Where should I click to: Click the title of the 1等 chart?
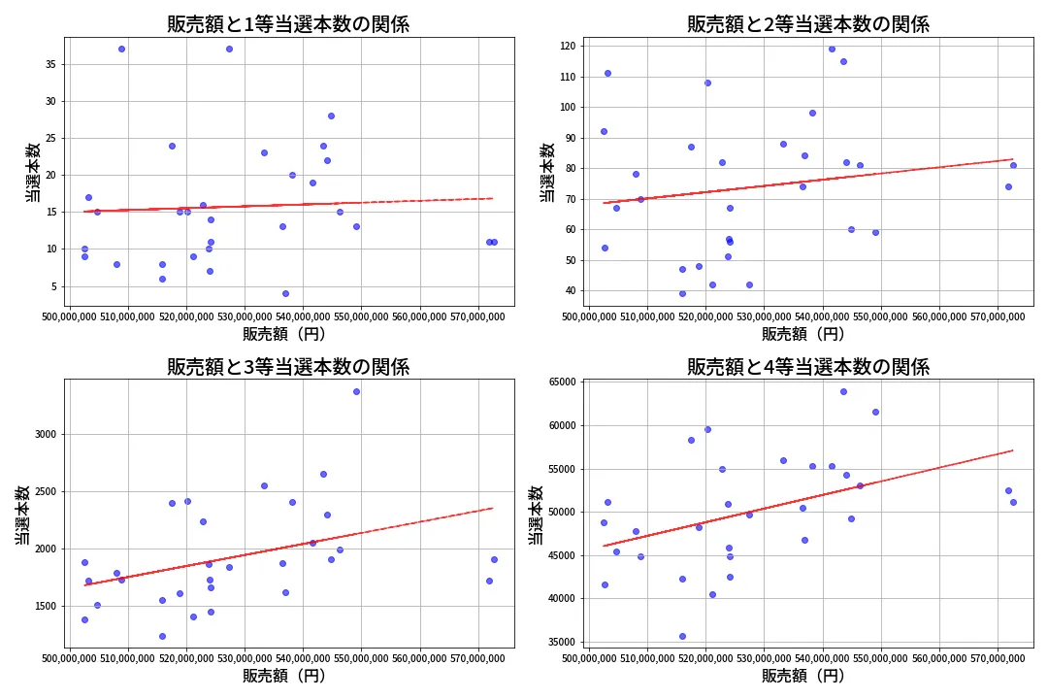point(288,24)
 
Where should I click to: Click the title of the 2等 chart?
point(808,24)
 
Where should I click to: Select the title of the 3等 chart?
point(288,367)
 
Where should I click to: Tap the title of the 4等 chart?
point(808,367)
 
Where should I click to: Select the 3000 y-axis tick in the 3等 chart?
point(44,435)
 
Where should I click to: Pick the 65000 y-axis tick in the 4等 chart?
point(561,383)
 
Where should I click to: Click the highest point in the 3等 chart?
point(356,391)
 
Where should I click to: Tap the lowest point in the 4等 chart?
point(682,636)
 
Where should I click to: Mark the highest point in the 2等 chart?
point(832,49)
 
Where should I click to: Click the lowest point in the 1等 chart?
point(285,293)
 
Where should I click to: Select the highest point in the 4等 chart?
point(843,391)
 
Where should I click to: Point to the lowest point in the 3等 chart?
point(162,636)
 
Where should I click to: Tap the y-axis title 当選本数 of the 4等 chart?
point(536,515)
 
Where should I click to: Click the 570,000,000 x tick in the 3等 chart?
point(477,661)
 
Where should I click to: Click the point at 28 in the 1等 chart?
point(331,116)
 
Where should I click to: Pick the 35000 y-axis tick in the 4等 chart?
point(561,642)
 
